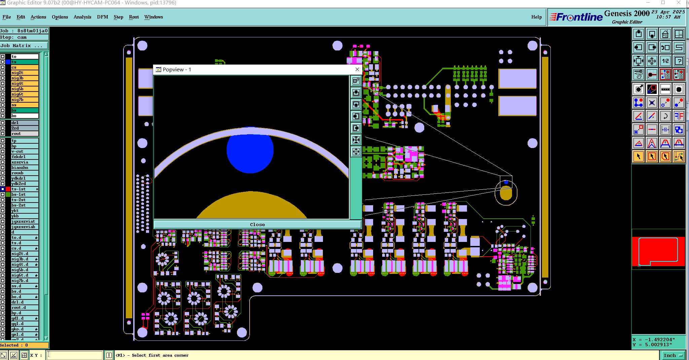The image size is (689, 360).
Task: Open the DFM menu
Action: coord(102,17)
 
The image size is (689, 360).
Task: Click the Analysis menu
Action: coord(82,17)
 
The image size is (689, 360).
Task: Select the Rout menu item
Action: coord(134,17)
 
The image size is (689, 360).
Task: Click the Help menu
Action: coord(536,17)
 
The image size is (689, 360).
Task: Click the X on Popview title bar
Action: coord(357,69)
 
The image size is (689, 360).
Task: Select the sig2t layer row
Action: coord(24,73)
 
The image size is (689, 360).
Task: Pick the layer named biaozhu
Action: coord(24,168)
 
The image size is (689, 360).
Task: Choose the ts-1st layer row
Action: coord(24,189)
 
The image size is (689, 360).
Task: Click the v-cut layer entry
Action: coord(24,151)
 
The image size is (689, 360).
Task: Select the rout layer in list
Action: coord(24,134)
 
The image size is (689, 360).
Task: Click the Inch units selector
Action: coord(672,355)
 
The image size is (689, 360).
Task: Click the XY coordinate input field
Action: coord(74,355)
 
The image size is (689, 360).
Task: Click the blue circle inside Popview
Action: coord(250,150)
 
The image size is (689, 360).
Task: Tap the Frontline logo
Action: coord(576,17)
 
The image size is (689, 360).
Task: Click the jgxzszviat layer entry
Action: coord(24,221)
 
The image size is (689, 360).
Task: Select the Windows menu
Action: coord(153,17)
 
